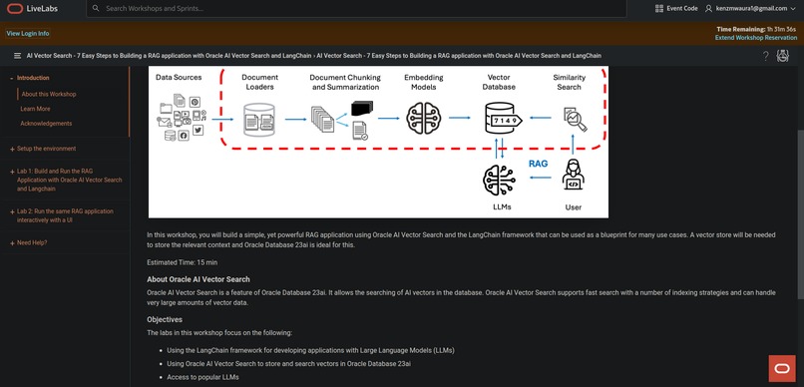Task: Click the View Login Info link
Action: click(28, 33)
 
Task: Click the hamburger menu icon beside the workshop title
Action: click(17, 56)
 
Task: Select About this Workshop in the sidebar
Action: click(48, 94)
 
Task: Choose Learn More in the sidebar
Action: click(35, 109)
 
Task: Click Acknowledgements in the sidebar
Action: click(46, 124)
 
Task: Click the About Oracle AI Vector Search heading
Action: click(199, 279)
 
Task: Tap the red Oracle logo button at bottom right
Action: click(781, 367)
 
